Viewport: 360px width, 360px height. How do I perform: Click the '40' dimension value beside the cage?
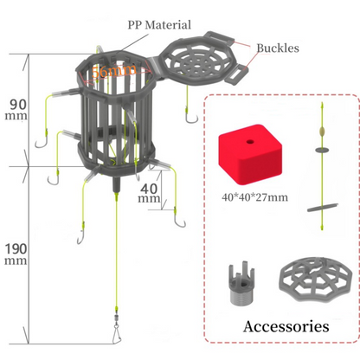click(x=149, y=186)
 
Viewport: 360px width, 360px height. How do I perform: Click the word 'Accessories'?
click(x=286, y=325)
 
